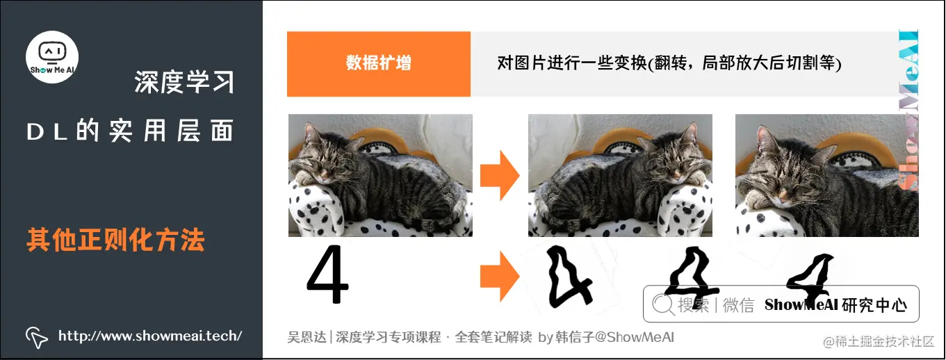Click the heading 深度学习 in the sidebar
184,83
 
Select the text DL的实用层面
130,131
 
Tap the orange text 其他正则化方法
115,240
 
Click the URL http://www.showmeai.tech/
150,336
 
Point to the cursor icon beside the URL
36,336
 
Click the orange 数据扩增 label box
379,63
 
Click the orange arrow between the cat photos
500,175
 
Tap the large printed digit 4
327,276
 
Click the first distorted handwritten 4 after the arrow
566,278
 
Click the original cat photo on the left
380,175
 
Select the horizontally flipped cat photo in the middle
620,175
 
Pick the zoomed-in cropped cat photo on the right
826,175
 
